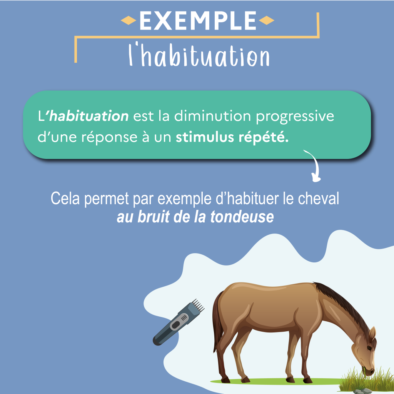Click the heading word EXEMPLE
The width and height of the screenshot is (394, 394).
pos(197,21)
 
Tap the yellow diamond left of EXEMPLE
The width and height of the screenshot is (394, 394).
pos(129,20)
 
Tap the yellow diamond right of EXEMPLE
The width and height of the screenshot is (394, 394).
pos(266,20)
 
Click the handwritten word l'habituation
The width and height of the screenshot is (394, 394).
pos(199,55)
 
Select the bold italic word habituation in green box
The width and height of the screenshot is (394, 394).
pos(89,116)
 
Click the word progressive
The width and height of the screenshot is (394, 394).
pos(295,117)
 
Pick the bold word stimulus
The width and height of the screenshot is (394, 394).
pos(204,137)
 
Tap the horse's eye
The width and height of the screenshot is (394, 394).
pos(369,348)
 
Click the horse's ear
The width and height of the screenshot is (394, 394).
pos(372,334)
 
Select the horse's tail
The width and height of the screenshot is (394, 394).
pos(218,322)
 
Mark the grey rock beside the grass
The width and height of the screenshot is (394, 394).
pos(362,391)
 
